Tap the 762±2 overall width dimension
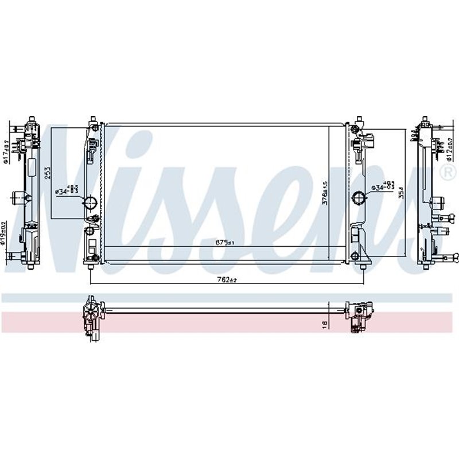(228, 279)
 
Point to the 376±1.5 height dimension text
(324, 194)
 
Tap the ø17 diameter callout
(6, 154)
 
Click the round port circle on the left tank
(90, 203)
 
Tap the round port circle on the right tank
(359, 199)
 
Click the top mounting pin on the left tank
(92, 121)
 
